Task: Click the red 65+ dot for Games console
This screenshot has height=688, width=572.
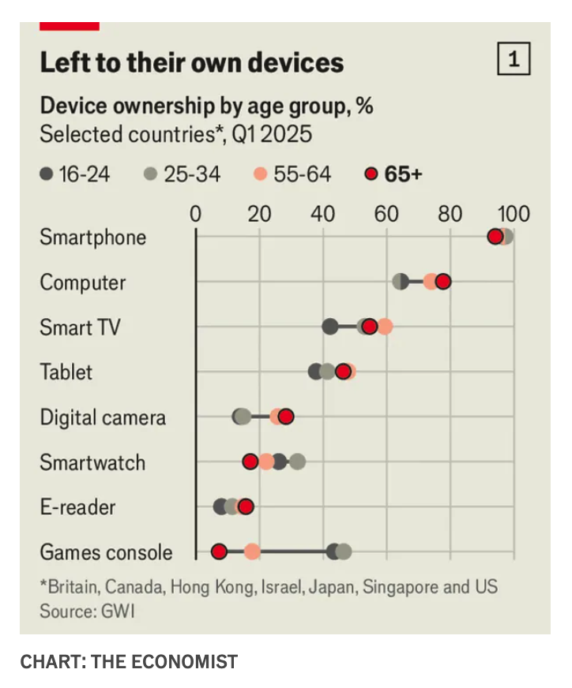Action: (x=219, y=552)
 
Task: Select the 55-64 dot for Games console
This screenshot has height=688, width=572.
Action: (x=252, y=552)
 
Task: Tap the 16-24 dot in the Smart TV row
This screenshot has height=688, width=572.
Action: (x=330, y=327)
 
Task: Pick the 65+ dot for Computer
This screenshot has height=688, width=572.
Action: (x=442, y=282)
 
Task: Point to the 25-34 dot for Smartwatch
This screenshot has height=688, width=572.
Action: (x=297, y=462)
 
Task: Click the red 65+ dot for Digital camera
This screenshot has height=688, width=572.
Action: (x=286, y=417)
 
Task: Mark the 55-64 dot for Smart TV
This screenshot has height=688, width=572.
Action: (x=385, y=327)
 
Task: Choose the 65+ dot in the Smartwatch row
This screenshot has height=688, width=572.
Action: (x=250, y=462)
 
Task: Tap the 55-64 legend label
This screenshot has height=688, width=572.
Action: (x=303, y=174)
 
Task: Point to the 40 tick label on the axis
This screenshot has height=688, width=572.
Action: (x=322, y=214)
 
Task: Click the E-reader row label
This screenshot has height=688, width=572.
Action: (x=77, y=507)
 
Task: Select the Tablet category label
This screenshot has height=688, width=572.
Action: (x=66, y=372)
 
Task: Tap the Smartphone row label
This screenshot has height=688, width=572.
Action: (x=93, y=237)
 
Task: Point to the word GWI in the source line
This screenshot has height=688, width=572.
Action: (x=119, y=611)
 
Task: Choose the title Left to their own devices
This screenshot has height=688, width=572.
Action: (x=192, y=62)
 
